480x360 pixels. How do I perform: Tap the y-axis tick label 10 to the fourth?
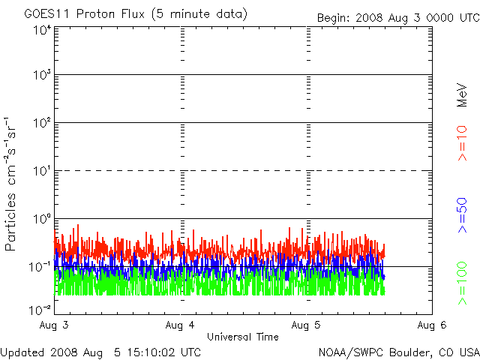click(x=41, y=31)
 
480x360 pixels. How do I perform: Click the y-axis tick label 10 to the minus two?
click(x=40, y=310)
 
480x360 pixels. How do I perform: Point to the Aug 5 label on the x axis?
click(x=307, y=325)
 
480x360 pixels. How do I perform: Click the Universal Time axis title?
click(x=244, y=337)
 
